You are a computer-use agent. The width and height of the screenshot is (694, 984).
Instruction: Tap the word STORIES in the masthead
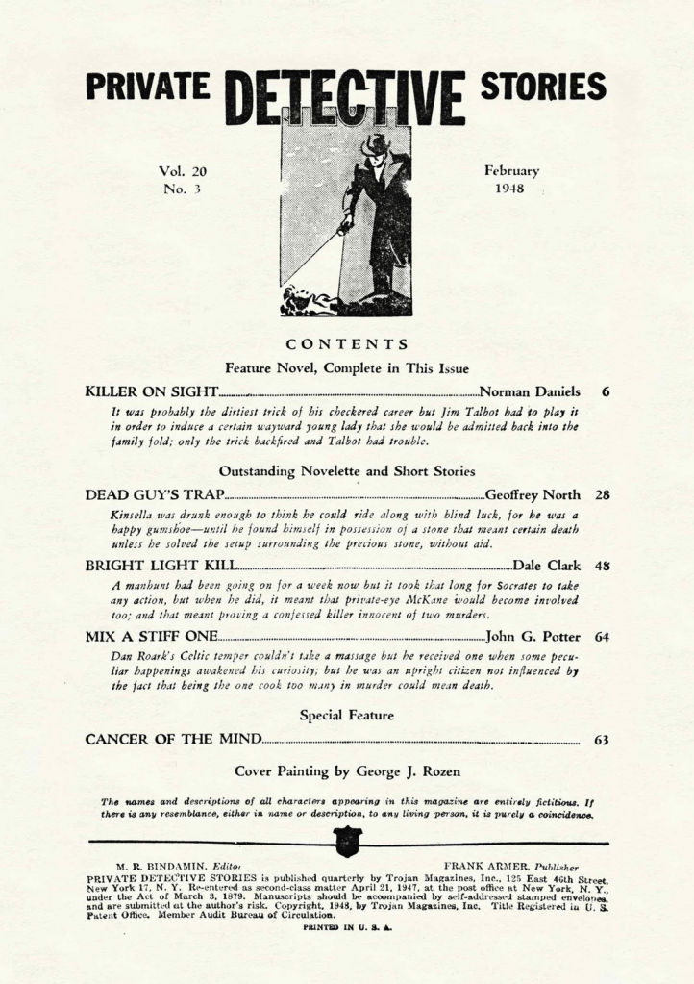coord(543,88)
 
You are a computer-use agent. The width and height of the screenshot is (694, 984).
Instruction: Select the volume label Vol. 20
coord(182,172)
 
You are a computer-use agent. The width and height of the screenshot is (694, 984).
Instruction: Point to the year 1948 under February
coord(510,189)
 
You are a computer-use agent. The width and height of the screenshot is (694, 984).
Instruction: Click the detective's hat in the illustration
coord(374,146)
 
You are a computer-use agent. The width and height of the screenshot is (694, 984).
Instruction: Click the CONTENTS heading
coord(347,344)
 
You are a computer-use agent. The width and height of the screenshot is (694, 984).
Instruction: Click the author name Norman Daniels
coord(530,391)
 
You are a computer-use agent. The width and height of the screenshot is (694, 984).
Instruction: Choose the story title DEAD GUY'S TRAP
coord(155,494)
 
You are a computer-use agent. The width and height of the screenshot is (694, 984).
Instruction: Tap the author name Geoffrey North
coord(533,494)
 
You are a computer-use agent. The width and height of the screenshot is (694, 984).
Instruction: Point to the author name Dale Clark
coord(547,566)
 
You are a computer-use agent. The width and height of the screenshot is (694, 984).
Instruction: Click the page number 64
coord(602,636)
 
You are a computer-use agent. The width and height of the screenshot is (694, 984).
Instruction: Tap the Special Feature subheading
coord(347,715)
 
